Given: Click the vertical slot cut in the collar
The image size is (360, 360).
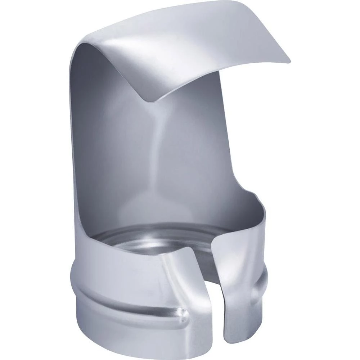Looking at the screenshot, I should tap(209, 306).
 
